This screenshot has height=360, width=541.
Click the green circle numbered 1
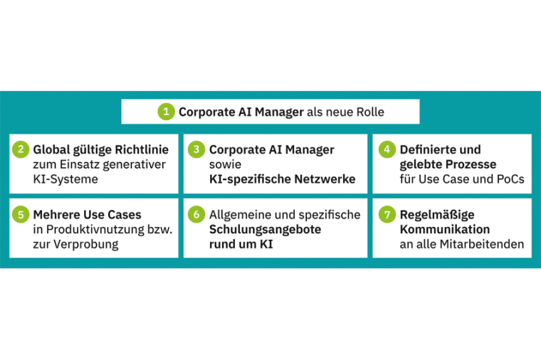tap(166, 112)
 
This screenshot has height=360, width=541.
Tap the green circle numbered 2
tap(21, 149)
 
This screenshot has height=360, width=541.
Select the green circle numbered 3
tap(196, 149)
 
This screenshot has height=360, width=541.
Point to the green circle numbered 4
tap(386, 149)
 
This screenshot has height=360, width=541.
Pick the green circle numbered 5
tap(21, 214)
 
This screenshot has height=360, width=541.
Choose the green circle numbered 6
tap(196, 214)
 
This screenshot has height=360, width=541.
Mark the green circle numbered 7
tap(386, 214)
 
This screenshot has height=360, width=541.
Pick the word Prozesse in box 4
tap(473, 164)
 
